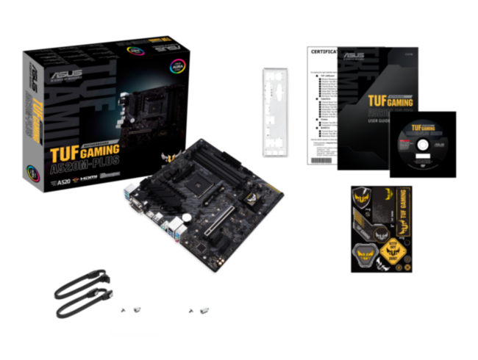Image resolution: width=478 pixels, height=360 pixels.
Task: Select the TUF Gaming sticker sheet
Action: point(382,228)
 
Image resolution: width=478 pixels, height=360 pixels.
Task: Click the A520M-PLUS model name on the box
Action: point(84,165)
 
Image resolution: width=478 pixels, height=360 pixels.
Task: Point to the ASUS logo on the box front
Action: point(60,76)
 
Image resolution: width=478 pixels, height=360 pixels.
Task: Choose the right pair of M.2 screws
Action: point(198,310)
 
